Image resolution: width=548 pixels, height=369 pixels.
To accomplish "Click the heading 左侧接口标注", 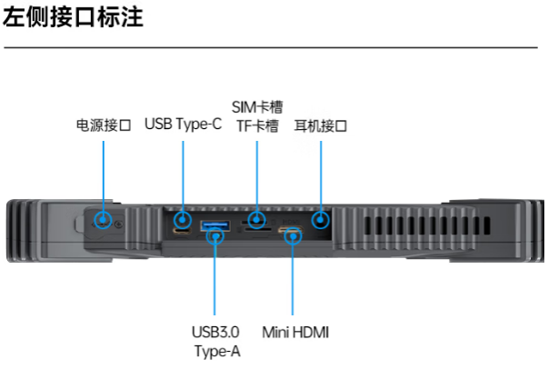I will coord(74,17).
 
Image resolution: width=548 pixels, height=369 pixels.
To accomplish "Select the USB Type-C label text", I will coord(183,125).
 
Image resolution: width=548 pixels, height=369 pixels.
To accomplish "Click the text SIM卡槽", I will coord(257,107).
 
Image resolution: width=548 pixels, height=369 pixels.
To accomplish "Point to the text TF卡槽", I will coord(257,127).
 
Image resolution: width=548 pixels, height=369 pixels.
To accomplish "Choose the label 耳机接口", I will coord(321,125).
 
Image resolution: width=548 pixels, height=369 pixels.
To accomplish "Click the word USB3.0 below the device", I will coord(215,333).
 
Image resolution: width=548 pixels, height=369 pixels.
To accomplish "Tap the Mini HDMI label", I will coord(294,333).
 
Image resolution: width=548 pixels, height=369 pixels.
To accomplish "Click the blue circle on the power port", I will coord(105,220).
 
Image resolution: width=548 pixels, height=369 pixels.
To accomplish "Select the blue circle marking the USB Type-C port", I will coord(183,220).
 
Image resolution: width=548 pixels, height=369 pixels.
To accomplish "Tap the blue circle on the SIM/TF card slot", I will coord(257,220).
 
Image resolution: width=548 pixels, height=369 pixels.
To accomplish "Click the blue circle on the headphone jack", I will coord(320,220).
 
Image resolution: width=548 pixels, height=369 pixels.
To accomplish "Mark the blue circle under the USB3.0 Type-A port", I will coord(215,237).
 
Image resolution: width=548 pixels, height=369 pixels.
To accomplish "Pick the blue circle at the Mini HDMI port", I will coord(293,237).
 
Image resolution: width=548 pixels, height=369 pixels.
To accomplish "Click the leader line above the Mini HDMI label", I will coord(293,282).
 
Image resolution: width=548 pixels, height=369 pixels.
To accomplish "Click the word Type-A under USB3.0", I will coord(216,351).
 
